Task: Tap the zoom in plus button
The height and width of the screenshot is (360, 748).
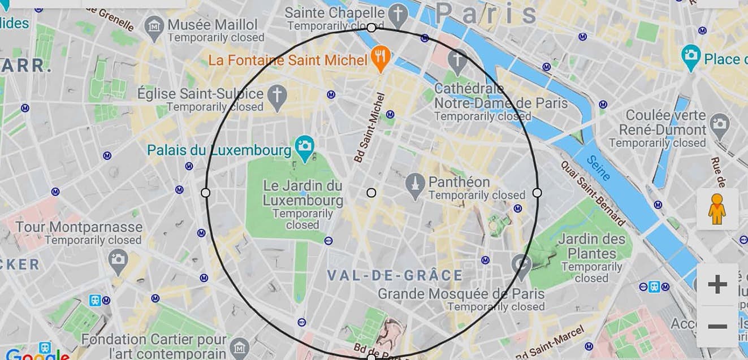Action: (717, 284)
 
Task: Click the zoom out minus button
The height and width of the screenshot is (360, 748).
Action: (717, 327)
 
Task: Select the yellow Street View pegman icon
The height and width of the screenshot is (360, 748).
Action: (717, 209)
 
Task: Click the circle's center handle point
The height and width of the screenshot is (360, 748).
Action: (371, 193)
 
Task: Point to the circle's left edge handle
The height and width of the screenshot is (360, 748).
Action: (206, 193)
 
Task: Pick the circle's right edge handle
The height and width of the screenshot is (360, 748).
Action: (537, 193)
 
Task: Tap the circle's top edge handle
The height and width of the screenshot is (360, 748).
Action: (371, 27)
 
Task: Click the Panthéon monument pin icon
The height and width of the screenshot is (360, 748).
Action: (415, 186)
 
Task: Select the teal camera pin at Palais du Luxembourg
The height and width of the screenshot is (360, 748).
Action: (305, 148)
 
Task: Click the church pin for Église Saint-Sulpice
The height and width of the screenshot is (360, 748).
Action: (277, 97)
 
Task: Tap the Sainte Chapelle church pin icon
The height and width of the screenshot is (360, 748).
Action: (399, 14)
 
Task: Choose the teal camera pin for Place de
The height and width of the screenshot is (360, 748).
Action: (690, 57)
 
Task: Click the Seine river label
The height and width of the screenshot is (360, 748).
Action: (598, 168)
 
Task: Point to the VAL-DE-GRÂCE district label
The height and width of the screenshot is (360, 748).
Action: (395, 276)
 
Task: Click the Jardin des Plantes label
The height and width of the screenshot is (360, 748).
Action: (592, 246)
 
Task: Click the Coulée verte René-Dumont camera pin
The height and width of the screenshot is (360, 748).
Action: (720, 125)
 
